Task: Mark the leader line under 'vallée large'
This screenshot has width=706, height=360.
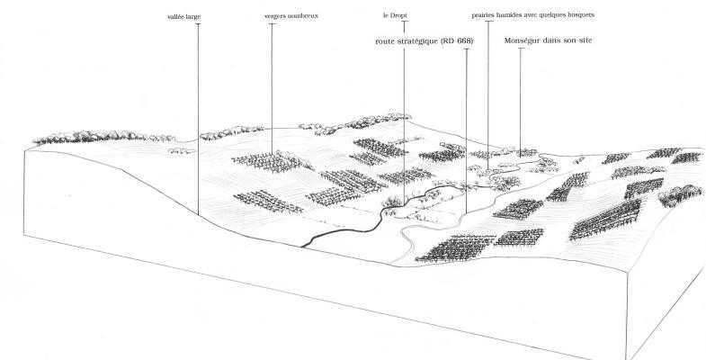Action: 198,117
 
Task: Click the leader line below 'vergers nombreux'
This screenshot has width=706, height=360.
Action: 272,90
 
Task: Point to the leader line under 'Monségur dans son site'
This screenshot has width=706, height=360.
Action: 520,99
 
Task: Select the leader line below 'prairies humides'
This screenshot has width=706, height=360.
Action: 488,90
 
